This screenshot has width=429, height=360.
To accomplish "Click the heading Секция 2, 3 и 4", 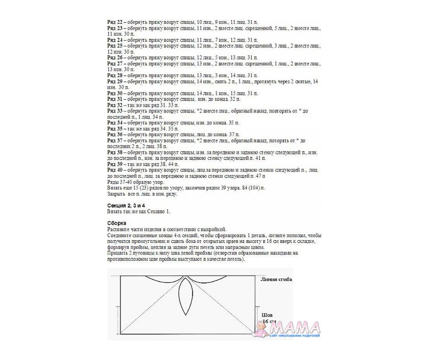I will point(126,205).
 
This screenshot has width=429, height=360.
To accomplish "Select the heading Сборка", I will point(116,223).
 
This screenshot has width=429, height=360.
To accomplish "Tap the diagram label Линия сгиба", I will point(276,279).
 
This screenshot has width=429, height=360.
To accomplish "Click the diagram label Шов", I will point(266,314).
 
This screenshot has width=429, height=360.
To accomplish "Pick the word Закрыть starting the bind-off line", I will point(115,194).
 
